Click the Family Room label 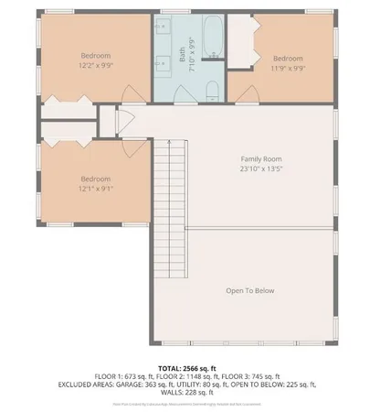[x=260, y=159]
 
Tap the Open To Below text [x=249, y=291]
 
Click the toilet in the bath [x=212, y=89]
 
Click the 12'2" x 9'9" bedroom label [x=95, y=60]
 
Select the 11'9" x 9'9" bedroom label [x=287, y=61]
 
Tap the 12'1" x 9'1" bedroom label [x=95, y=183]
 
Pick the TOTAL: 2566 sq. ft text [x=189, y=364]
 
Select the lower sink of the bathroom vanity [x=161, y=64]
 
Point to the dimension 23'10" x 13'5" [x=260, y=169]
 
